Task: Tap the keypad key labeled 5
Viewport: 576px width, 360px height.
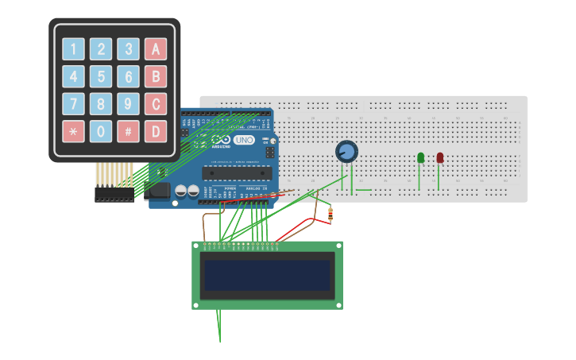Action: coord(101,77)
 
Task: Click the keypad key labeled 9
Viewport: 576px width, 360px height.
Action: coord(128,104)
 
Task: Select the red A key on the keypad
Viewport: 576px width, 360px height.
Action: coord(156,50)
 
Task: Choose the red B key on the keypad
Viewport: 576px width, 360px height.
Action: coord(156,77)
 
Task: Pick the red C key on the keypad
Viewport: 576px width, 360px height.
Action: coord(156,104)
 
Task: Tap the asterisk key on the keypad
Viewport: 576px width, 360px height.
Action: coord(73,131)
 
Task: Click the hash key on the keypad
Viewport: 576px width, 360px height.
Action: coord(128,131)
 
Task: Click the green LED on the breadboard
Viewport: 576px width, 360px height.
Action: coord(420,158)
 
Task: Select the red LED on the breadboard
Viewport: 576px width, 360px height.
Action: coord(439,158)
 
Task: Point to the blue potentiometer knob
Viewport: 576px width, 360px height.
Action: coord(347,151)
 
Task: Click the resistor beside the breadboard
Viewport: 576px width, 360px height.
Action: coord(331,212)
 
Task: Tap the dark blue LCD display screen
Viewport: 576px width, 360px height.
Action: coord(267,275)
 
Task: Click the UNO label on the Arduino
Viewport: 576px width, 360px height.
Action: coord(244,140)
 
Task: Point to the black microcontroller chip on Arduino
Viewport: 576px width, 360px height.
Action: coord(238,171)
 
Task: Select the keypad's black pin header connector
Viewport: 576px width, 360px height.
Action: coord(114,194)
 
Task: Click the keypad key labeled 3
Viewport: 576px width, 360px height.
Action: coord(128,50)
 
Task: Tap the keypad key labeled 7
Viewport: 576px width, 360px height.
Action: coord(73,104)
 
